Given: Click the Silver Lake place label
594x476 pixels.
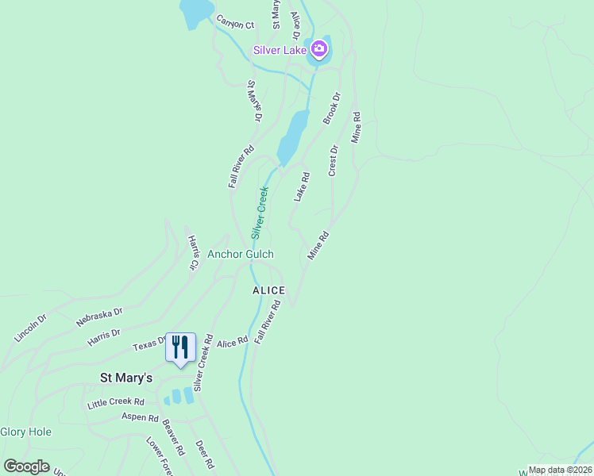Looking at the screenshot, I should tap(280, 51).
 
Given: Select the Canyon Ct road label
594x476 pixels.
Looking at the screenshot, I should tap(234, 25).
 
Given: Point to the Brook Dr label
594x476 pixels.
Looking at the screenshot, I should tap(331, 109).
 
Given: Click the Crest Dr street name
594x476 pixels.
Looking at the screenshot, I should tap(334, 160).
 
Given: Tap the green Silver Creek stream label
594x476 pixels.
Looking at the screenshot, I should tap(260, 212).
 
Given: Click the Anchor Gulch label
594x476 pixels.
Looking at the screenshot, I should tap(241, 254).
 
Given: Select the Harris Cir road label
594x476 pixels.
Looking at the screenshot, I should tap(192, 252).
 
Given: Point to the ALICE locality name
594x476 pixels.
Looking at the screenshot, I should tap(268, 291).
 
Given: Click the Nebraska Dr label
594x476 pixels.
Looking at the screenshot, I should tap(99, 317).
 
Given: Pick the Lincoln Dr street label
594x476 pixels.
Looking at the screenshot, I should tap(31, 328).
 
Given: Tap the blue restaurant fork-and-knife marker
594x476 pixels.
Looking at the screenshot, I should tap(180, 347).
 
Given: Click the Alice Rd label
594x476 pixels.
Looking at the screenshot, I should tap(233, 340).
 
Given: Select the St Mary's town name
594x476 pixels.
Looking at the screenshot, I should tap(125, 378).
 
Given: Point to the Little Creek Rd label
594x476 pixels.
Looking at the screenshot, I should tap(116, 403).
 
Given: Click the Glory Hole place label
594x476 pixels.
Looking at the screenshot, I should tap(25, 432).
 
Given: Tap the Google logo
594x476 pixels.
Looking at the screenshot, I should tap(27, 466).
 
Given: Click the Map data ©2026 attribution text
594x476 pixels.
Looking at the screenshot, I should tap(560, 470).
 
